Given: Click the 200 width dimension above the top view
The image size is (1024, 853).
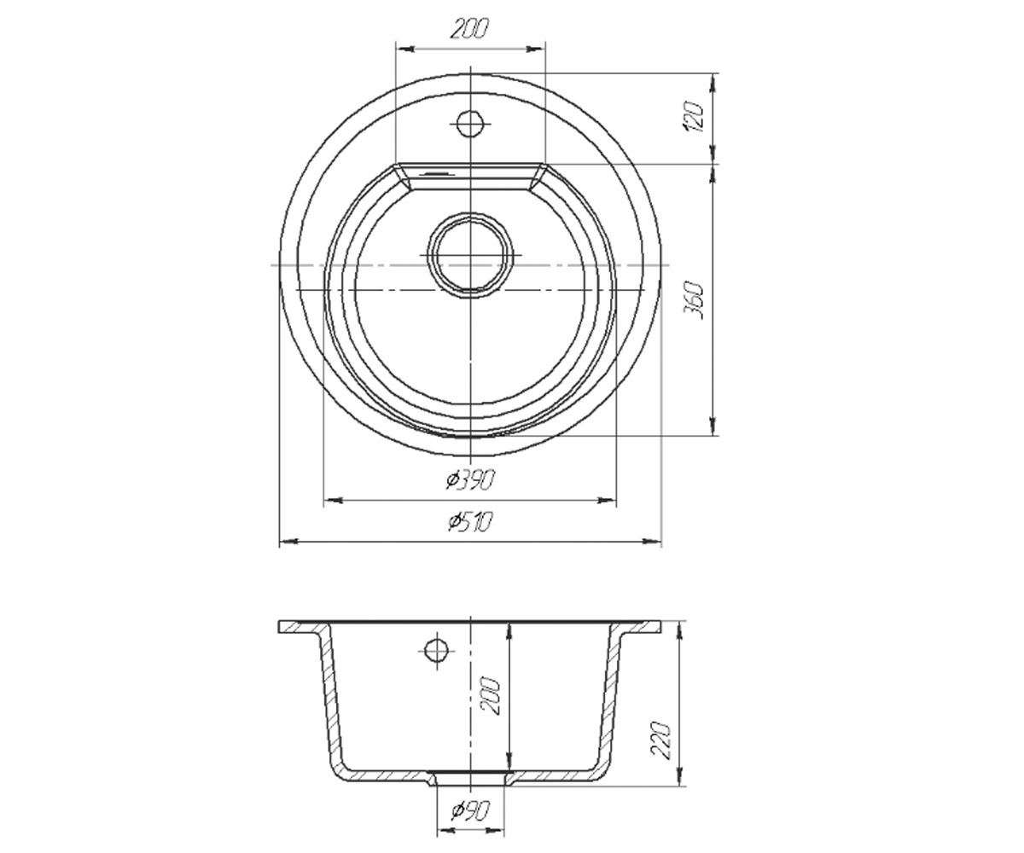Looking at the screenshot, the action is click(x=469, y=29).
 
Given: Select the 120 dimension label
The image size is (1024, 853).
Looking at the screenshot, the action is click(x=694, y=118).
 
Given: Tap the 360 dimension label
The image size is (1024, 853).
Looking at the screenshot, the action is click(x=694, y=300).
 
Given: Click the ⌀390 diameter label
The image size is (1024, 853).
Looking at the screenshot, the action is click(x=469, y=479).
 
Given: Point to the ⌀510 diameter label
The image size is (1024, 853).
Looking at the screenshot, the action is click(x=469, y=521).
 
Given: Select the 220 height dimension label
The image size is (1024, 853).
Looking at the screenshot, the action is click(x=661, y=740).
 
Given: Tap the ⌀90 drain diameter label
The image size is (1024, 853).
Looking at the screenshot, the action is click(x=470, y=811).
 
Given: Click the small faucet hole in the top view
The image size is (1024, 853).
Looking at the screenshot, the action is click(x=470, y=124).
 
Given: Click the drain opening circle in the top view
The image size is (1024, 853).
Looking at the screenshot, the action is click(x=470, y=255).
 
